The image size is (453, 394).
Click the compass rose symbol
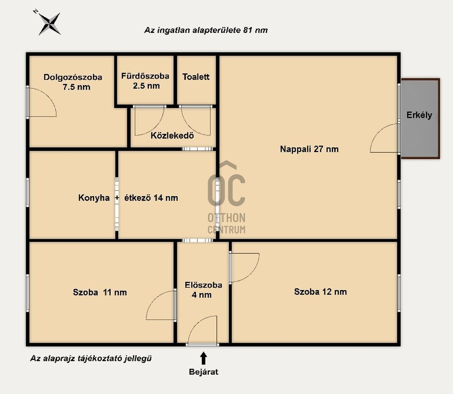(x=49, y=24)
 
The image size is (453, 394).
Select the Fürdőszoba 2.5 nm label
(x=145, y=81)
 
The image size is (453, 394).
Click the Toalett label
(x=196, y=77)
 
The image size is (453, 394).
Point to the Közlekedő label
(x=172, y=135)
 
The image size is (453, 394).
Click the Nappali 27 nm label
(x=309, y=149)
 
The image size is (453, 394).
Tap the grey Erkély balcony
(x=420, y=118)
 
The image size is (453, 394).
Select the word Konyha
(x=94, y=198)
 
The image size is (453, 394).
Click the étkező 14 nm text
(x=151, y=198)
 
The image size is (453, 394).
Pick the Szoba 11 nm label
(x=100, y=292)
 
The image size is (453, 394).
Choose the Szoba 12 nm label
(x=320, y=292)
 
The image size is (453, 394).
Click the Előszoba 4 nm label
(x=203, y=290)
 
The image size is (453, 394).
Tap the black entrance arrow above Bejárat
(x=204, y=358)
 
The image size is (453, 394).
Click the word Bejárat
(x=204, y=372)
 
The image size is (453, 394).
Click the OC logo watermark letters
(x=226, y=190)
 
